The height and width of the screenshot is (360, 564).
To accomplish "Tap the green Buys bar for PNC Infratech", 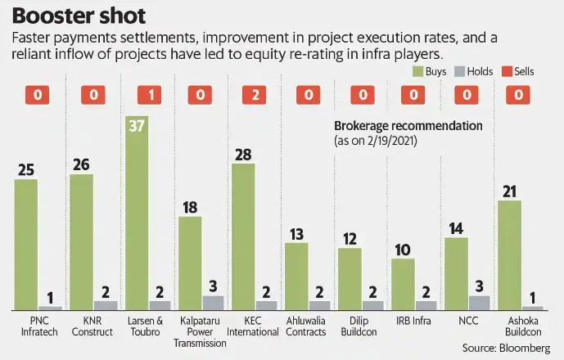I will click(26, 244).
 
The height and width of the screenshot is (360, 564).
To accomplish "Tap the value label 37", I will click(136, 126).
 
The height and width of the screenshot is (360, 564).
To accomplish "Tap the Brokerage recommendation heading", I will click(408, 126).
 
